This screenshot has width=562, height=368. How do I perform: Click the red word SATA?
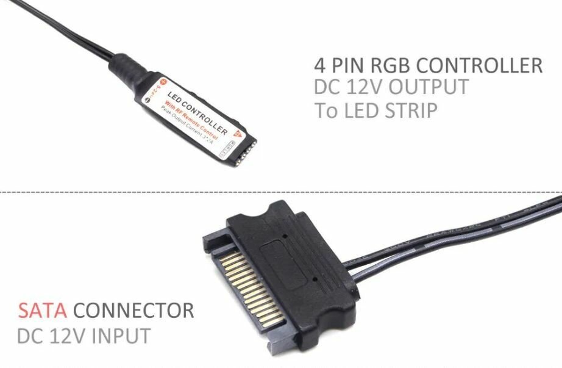tap(42, 311)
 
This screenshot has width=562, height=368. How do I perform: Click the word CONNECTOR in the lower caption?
tap(133, 311)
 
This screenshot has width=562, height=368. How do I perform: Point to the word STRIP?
tap(402, 110)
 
